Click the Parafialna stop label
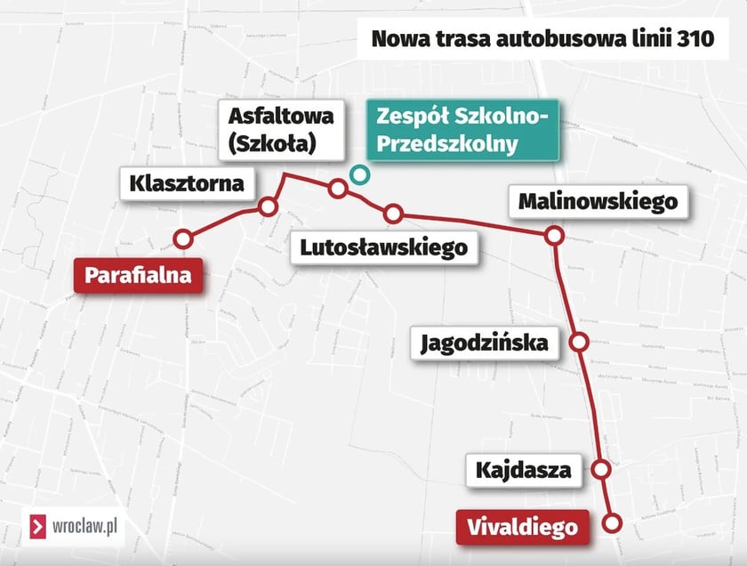point(138,275)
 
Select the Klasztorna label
point(186,184)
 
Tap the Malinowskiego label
point(598,202)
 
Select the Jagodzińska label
point(485,342)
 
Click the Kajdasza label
point(523,469)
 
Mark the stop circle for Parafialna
point(183,238)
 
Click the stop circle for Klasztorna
point(268,207)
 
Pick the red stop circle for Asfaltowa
point(338,188)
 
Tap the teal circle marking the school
point(358,174)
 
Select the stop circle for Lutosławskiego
point(393,214)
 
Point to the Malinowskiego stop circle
point(554,236)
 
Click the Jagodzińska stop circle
point(579,342)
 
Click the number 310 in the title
point(697,38)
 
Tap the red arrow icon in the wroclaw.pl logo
point(39,527)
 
